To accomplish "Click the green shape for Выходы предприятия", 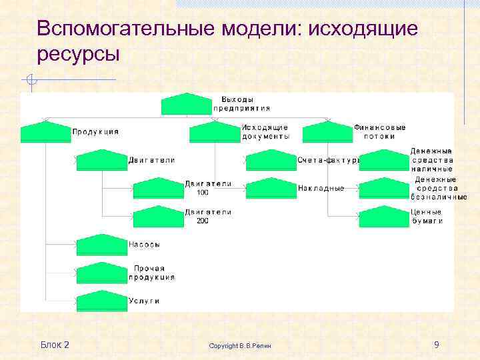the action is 186,105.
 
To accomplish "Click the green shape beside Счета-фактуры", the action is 271,161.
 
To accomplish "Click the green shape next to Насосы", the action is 102,245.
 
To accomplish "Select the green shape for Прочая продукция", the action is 102,273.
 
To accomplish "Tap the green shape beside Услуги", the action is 102,301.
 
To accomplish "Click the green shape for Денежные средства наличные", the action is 383,161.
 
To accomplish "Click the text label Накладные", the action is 321,188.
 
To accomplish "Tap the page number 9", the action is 436,345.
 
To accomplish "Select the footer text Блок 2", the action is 55,345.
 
